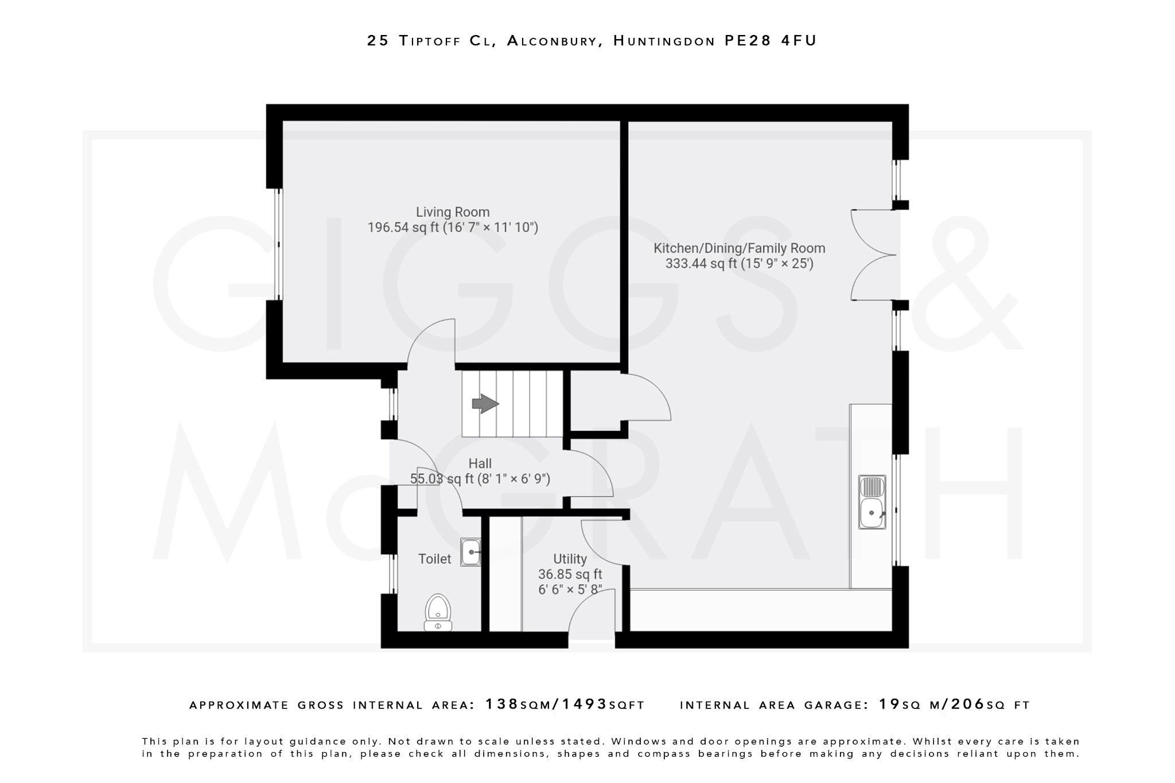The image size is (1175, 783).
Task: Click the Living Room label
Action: tap(453, 212)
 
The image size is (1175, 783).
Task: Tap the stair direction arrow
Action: tap(485, 404)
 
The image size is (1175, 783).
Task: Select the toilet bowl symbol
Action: tap(438, 612)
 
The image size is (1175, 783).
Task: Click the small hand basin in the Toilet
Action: tap(470, 552)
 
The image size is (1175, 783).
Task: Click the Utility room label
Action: tap(570, 559)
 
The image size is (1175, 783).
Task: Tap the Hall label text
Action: tap(480, 463)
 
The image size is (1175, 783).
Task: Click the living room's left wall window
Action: tap(278, 244)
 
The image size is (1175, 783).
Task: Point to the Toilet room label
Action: tap(434, 559)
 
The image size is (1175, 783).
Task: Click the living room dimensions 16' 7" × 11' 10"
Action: tap(491, 228)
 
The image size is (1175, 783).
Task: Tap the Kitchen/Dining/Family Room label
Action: tap(739, 248)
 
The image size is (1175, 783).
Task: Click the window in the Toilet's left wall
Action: tap(393, 574)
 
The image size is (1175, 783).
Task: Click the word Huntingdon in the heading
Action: tap(664, 41)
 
